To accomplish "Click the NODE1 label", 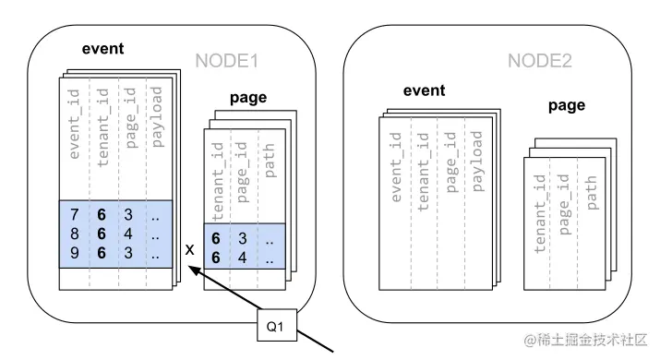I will tap(225, 62).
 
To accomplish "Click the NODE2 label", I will tap(538, 62).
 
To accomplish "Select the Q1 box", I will tap(275, 325).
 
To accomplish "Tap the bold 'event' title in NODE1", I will tap(103, 50).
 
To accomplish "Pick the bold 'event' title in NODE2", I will tap(425, 90).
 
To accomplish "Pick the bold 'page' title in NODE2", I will tap(567, 105).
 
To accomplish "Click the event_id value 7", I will tap(74, 214).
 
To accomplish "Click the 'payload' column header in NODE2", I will tap(476, 161).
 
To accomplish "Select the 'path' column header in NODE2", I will tap(593, 190).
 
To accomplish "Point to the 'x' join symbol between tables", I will tap(188, 250).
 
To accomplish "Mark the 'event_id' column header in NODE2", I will tap(395, 165).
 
